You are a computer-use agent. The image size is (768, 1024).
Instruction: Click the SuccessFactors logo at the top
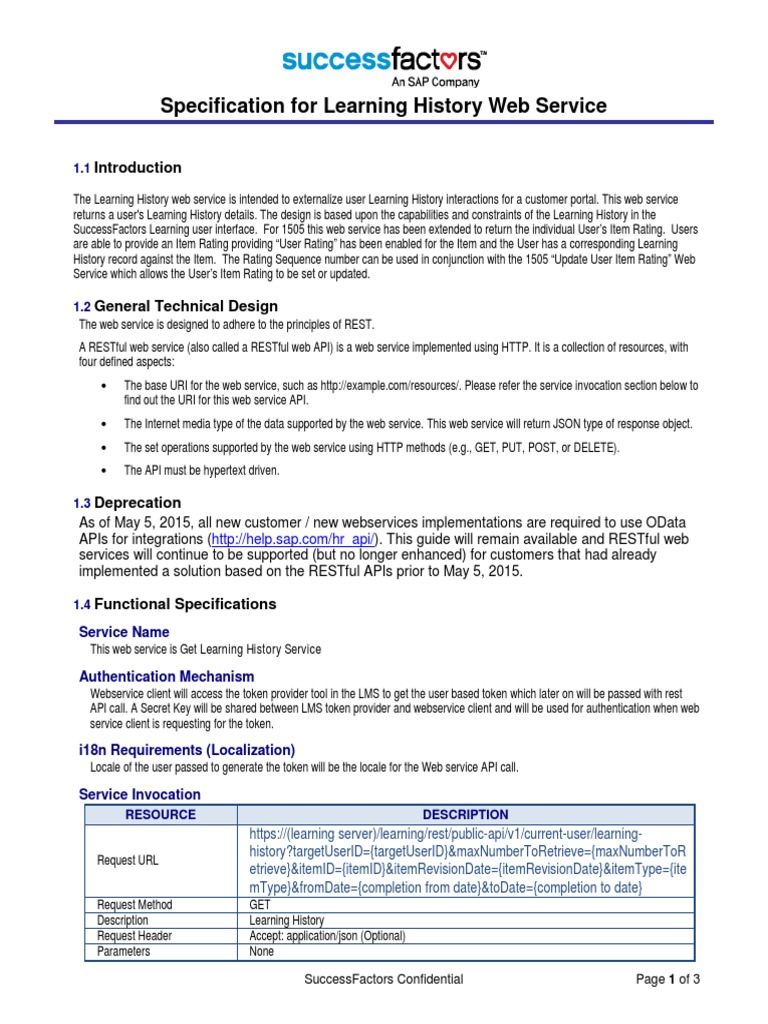click(x=384, y=65)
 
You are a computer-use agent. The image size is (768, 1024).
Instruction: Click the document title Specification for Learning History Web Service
click(x=384, y=105)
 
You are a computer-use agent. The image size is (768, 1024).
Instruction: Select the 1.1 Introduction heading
click(x=128, y=168)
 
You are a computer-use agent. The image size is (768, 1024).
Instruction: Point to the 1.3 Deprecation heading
click(x=128, y=503)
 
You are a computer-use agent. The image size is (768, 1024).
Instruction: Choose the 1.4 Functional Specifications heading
click(x=175, y=604)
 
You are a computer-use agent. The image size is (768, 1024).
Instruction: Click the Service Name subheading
click(x=124, y=632)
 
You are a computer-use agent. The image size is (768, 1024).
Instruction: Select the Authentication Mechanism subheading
click(x=167, y=676)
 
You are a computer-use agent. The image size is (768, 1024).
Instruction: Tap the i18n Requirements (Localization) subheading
click(x=187, y=750)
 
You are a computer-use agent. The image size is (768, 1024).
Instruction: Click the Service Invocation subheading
click(x=140, y=794)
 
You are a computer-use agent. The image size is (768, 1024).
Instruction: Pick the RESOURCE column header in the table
click(x=160, y=815)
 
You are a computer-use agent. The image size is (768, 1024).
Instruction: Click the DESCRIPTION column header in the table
click(x=465, y=815)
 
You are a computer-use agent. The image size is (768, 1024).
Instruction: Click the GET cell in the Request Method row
click(x=259, y=905)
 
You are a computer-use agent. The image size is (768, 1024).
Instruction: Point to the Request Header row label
click(x=134, y=936)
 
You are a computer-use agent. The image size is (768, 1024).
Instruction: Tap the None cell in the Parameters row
click(x=262, y=952)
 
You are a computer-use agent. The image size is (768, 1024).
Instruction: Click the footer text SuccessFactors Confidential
click(x=384, y=980)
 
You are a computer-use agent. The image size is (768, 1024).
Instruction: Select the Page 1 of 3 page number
click(x=668, y=980)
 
